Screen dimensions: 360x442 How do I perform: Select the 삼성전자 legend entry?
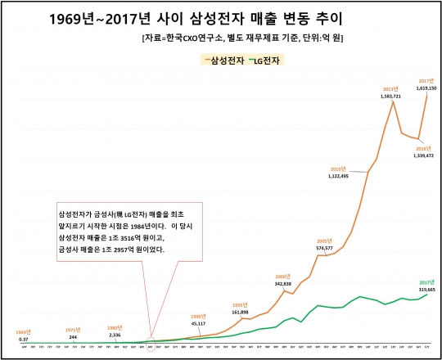coord(231,60)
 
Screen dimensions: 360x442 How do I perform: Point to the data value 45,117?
coord(197,322)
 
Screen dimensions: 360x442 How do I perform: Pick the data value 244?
coord(73,337)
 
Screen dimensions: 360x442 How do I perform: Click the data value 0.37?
coord(25,339)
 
